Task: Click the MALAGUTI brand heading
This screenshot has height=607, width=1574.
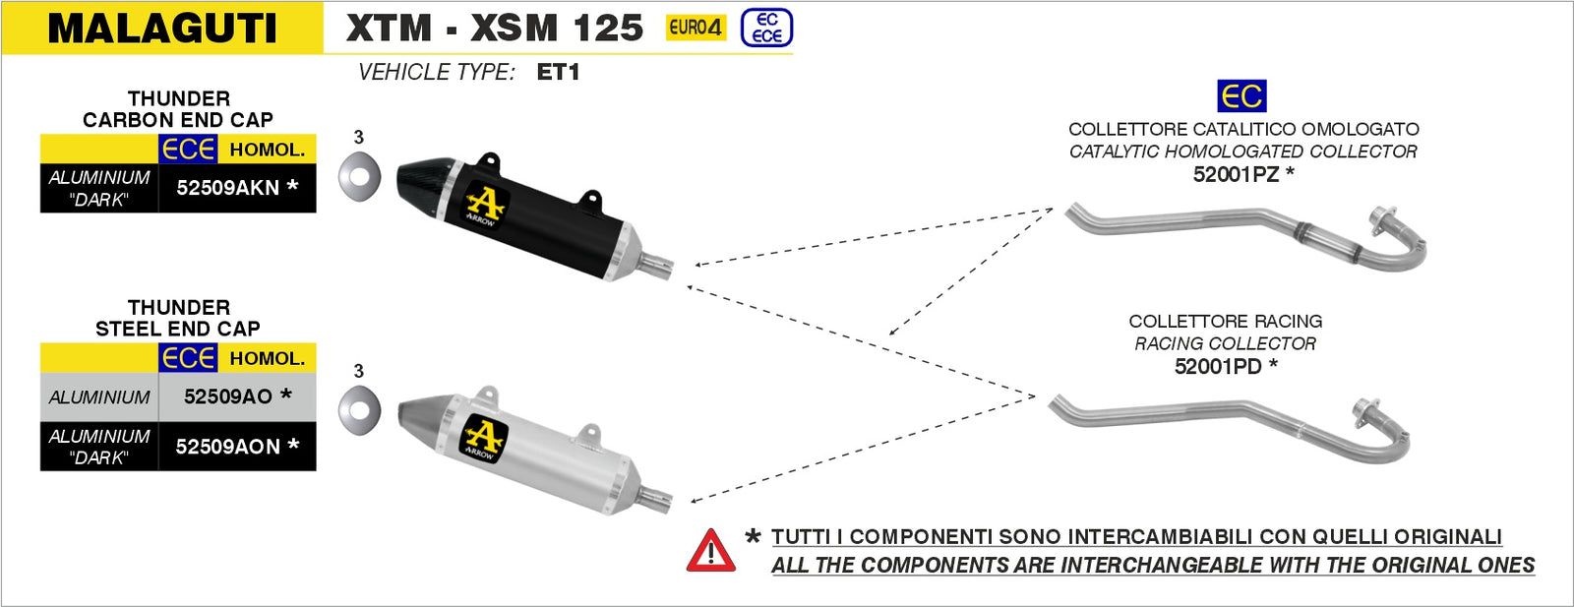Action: pyautogui.click(x=162, y=28)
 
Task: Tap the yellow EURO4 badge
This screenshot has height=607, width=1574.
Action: pyautogui.click(x=696, y=28)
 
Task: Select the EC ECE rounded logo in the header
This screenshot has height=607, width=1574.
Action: pyautogui.click(x=766, y=28)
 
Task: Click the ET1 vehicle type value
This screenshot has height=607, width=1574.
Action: pyautogui.click(x=558, y=72)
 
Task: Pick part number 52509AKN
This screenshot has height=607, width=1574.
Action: pyautogui.click(x=228, y=188)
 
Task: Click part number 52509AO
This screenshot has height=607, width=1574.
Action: pyautogui.click(x=228, y=396)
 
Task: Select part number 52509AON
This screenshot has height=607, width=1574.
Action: pyautogui.click(x=228, y=447)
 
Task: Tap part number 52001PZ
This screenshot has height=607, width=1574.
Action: pyautogui.click(x=1236, y=175)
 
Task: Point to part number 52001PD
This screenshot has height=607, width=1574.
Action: pyautogui.click(x=1218, y=367)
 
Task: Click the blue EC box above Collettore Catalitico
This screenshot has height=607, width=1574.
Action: pyautogui.click(x=1241, y=96)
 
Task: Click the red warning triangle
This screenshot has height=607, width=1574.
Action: pyautogui.click(x=710, y=552)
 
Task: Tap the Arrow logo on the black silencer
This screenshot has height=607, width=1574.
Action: pyautogui.click(x=484, y=206)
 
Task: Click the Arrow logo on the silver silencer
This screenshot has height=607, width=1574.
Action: pyautogui.click(x=483, y=438)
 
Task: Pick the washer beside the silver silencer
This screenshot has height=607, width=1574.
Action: pyautogui.click(x=359, y=410)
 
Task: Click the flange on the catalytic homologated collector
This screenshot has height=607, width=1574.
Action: pyautogui.click(x=1382, y=220)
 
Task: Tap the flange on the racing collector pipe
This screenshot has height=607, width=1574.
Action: pyautogui.click(x=1365, y=414)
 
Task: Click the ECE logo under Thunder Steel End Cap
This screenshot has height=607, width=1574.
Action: pyautogui.click(x=188, y=358)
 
